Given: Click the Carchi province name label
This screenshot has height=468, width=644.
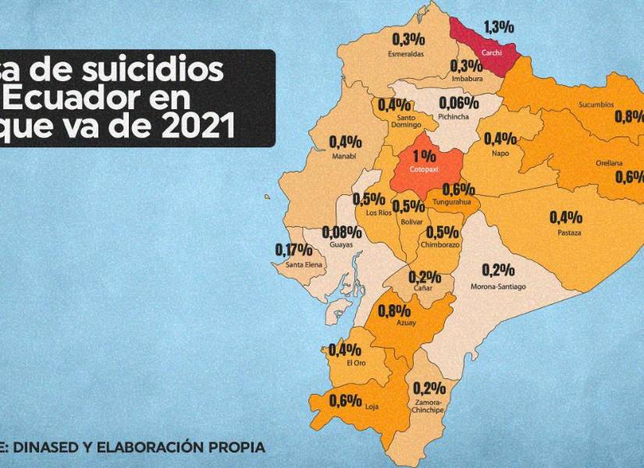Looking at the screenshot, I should [x=492, y=51].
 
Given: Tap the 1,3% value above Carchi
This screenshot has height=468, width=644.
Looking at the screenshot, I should [x=499, y=27].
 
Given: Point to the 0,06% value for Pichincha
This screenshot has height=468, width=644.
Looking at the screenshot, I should [x=458, y=103].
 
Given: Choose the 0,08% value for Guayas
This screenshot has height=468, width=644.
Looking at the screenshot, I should [x=341, y=232].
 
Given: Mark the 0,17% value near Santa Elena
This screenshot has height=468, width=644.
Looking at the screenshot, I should [x=294, y=250].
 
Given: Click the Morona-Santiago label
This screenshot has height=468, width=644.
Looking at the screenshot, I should [x=498, y=287].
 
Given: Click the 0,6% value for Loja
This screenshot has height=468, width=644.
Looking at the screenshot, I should [x=345, y=401].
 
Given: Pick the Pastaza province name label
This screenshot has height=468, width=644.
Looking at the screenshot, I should [x=569, y=233].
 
